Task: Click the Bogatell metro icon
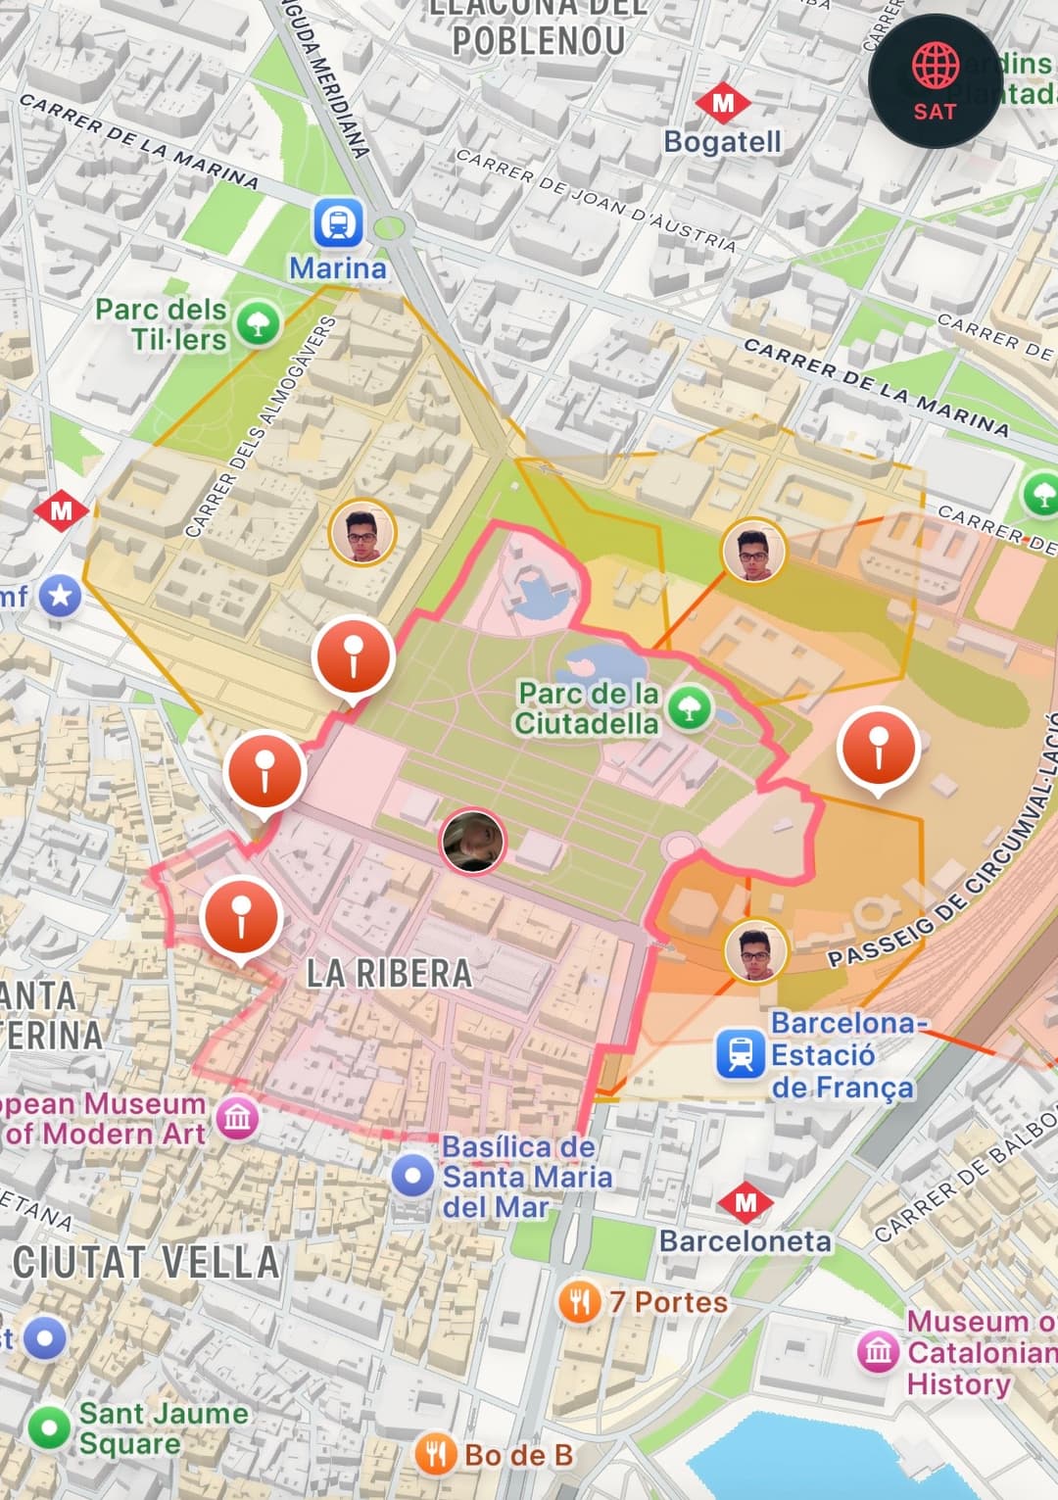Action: [723, 103]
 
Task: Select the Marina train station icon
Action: [338, 223]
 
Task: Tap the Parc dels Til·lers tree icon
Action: [259, 323]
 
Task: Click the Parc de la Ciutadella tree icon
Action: [690, 707]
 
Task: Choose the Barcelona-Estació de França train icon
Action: [741, 1054]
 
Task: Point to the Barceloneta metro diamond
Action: [745, 1202]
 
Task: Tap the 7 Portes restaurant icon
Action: [580, 1302]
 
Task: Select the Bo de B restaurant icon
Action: [436, 1455]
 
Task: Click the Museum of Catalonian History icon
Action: [878, 1352]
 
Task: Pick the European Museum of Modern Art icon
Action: [238, 1118]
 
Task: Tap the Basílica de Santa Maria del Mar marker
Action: [412, 1175]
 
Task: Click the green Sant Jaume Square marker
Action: [48, 1427]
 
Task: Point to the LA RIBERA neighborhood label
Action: [389, 974]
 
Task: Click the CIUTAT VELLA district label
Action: [147, 1263]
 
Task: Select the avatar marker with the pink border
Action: [473, 841]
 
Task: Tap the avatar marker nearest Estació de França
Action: [755, 950]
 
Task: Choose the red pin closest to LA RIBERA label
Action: [241, 917]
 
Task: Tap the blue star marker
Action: [60, 596]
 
